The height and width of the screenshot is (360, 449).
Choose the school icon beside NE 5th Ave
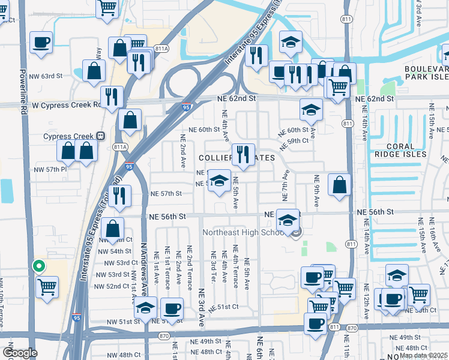pos(220,181)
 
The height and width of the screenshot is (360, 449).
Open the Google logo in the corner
pos(19,353)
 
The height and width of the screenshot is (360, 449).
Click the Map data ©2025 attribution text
pos(423,355)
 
